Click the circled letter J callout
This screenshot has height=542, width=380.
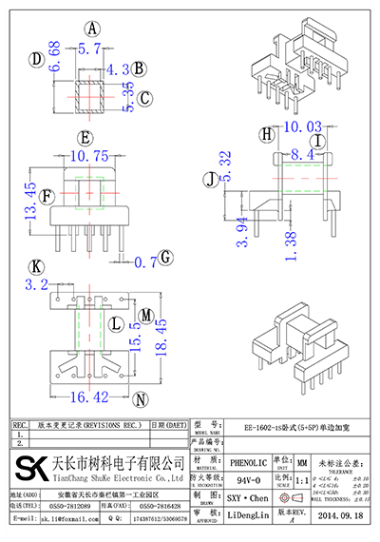pyautogui.click(x=210, y=178)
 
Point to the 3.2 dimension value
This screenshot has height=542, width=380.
pyautogui.click(x=36, y=283)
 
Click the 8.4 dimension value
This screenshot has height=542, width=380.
pyautogui.click(x=304, y=153)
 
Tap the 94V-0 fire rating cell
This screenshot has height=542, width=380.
pyautogui.click(x=247, y=481)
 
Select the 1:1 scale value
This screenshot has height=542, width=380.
pyautogui.click(x=301, y=482)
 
